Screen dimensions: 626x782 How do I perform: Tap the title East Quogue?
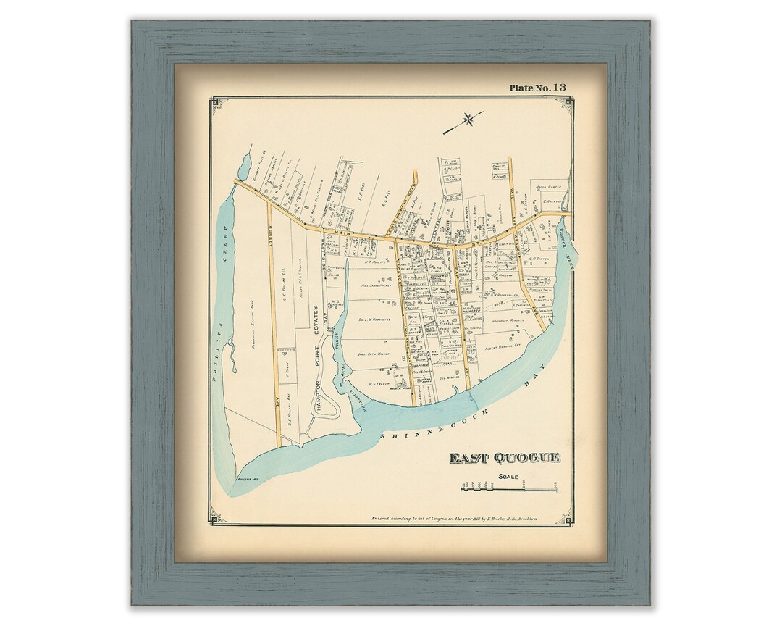(x=505, y=457)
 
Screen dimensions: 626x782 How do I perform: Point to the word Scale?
(x=508, y=476)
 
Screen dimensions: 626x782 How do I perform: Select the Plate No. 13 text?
(x=537, y=88)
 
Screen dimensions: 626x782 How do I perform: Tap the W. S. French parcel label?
(x=379, y=383)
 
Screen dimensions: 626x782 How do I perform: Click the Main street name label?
(x=340, y=232)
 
